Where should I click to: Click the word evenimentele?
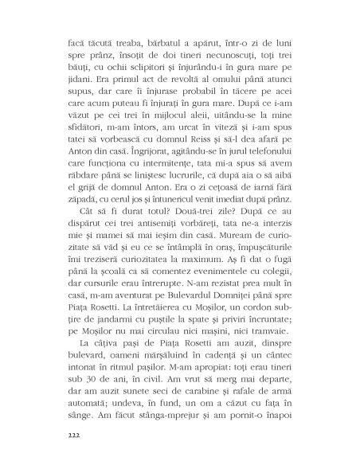tap(217, 275)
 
